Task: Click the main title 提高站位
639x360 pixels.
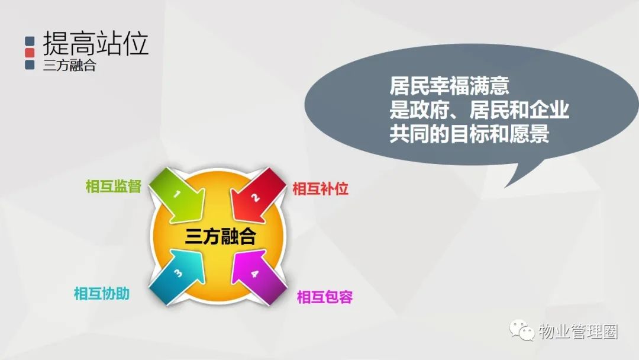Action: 95,43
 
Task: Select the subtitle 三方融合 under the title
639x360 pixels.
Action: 69,65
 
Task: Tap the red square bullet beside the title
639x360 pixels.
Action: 30,53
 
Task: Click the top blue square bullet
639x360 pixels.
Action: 30,41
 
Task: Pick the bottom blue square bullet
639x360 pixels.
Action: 30,65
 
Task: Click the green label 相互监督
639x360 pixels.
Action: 113,187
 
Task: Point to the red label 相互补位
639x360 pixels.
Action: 320,189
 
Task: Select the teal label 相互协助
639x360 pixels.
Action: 102,294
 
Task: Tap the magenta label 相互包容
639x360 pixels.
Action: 324,297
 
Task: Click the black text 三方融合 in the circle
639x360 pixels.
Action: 221,236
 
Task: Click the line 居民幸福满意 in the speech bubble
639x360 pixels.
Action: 449,86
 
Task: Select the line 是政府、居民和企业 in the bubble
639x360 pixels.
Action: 479,110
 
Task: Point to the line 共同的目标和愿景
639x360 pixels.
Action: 469,134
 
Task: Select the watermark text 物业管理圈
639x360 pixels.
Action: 578,332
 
